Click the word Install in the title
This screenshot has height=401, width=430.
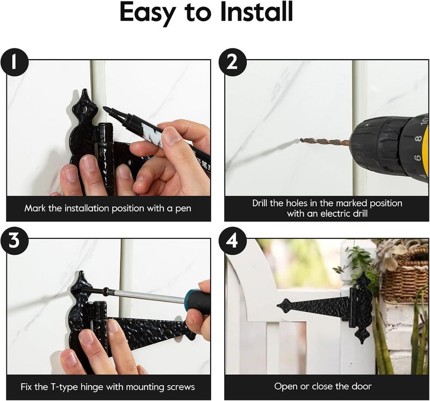(257, 12)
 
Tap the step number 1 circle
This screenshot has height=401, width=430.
(14, 62)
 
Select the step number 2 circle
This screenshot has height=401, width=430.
(232, 62)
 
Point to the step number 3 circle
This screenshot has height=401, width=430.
(14, 241)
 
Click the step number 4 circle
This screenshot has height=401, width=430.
(232, 241)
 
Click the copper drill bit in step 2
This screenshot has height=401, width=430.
(325, 142)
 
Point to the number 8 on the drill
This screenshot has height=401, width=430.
(418, 139)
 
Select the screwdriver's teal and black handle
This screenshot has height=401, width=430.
(197, 301)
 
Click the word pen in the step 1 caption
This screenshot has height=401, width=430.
(183, 209)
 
